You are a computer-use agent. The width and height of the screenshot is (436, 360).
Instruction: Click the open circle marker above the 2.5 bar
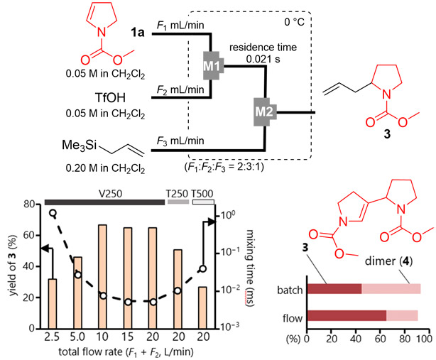coord(53,212)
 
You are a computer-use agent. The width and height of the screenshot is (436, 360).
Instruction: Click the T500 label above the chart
coord(202,192)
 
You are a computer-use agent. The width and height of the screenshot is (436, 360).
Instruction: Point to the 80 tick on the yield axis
coord(28,204)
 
